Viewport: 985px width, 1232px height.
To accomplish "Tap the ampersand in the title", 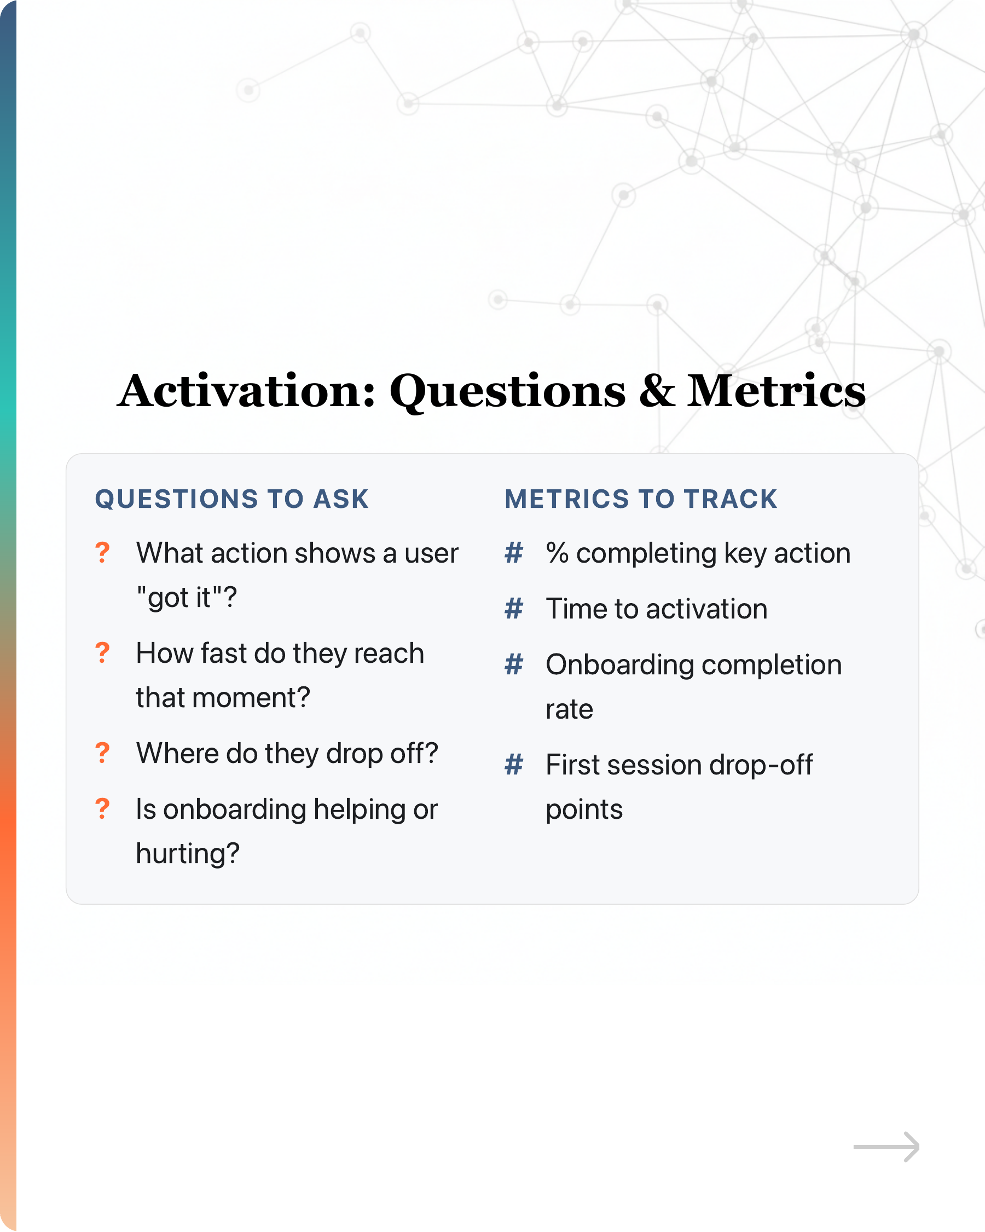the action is pos(657,391).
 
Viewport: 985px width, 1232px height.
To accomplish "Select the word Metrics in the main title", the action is pos(777,391).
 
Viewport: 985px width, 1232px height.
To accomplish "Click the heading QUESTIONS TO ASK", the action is pos(232,499).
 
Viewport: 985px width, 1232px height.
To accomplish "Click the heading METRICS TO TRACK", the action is pos(641,499).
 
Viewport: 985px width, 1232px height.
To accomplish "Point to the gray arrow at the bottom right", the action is pos(886,1146).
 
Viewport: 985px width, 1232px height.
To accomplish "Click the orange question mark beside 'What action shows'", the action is pos(102,553).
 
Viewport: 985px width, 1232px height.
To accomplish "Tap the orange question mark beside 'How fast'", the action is pos(102,652).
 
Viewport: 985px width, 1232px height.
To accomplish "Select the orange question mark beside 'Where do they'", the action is pos(102,753).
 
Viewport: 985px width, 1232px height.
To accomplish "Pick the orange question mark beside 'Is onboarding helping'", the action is pos(102,808).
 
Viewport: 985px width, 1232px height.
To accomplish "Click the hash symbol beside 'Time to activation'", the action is pos(514,609).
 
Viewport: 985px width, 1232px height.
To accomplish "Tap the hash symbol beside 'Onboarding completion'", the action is pos(514,664).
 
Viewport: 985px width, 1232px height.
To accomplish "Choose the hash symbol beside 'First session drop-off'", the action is pos(514,765).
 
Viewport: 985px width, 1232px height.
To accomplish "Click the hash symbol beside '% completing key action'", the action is pos(514,553).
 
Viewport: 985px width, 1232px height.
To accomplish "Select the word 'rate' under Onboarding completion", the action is pos(569,710).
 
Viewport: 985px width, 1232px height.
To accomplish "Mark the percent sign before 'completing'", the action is pos(557,553).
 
